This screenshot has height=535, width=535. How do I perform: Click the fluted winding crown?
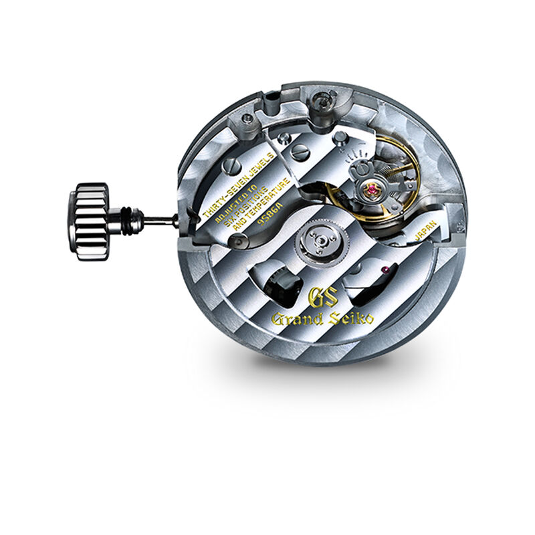point(90,221)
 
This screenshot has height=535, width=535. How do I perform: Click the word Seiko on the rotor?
point(352,317)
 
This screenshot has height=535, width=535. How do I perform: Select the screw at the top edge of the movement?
point(324,100)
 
